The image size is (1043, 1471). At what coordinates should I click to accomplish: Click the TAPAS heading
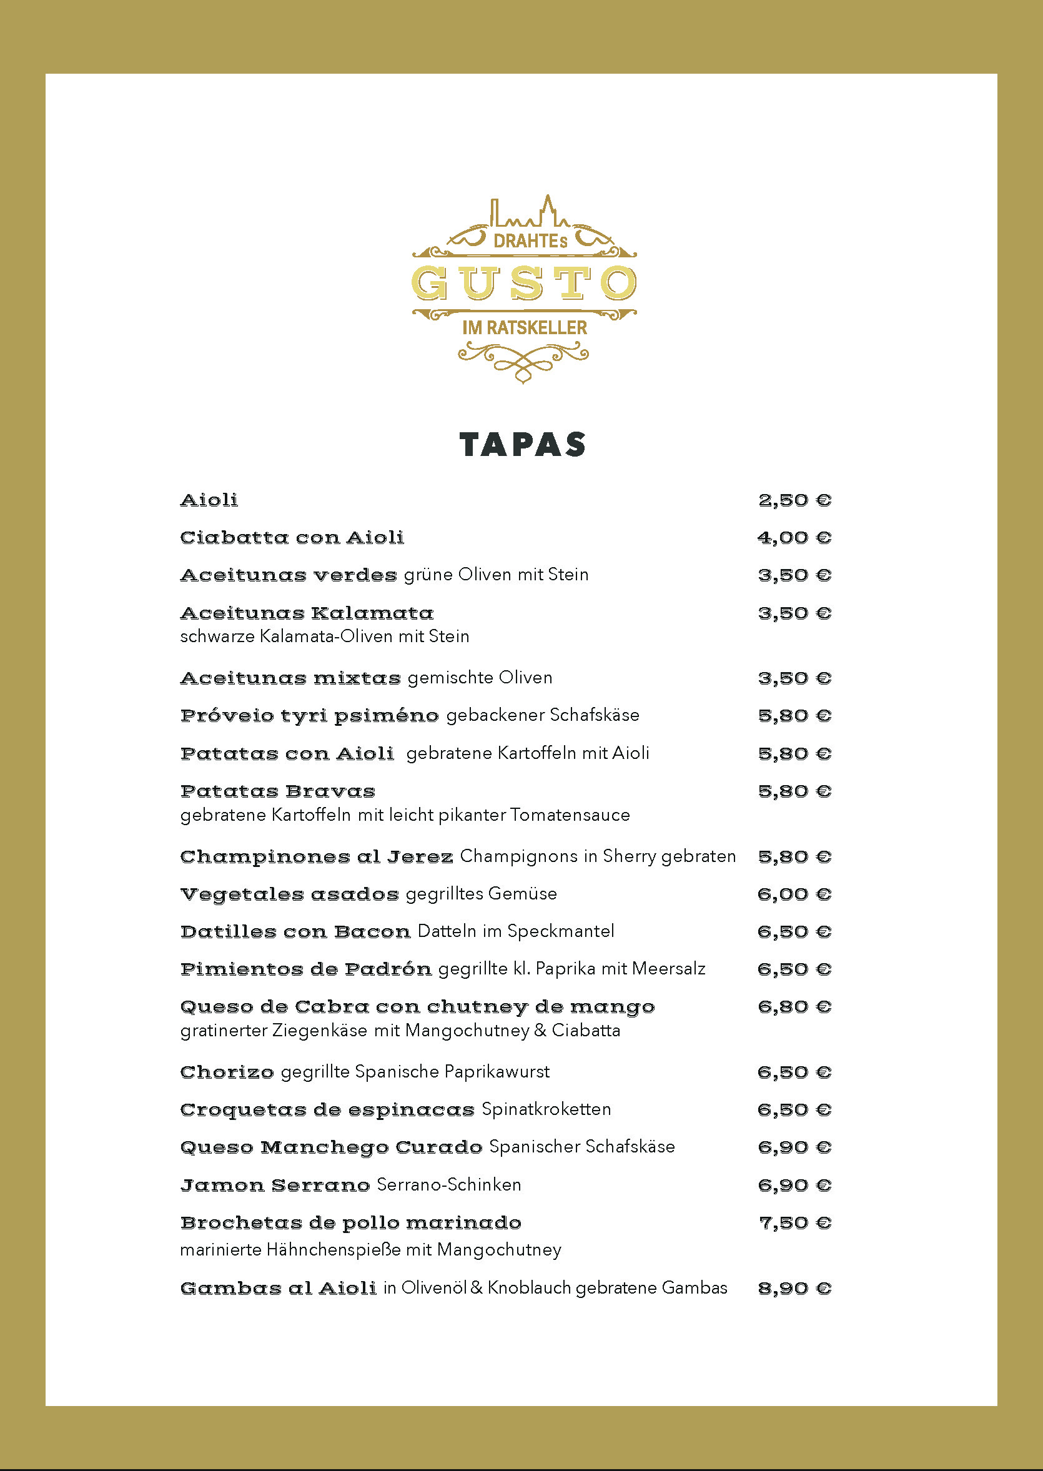tap(522, 445)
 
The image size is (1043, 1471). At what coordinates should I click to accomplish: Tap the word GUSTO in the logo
tap(523, 284)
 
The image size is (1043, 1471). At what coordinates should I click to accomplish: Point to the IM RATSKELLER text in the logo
tap(524, 327)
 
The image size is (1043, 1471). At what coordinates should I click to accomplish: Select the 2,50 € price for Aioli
tap(794, 500)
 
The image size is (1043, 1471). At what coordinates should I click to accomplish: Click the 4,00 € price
tap(794, 538)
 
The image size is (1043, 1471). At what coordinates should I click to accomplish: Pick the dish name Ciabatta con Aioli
tap(292, 538)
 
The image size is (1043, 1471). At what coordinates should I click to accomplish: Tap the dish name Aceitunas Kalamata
tap(307, 613)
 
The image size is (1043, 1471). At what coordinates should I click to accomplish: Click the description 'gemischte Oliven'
tap(480, 678)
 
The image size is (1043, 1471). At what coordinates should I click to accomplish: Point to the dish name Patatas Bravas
tap(277, 791)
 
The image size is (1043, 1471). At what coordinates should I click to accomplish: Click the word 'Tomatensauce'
tap(570, 815)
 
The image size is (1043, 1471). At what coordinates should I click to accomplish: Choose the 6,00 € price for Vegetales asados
tap(794, 894)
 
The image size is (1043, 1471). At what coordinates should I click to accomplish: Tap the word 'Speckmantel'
tap(561, 931)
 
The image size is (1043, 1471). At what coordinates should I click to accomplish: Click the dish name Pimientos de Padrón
tap(305, 969)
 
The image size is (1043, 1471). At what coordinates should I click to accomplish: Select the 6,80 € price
tap(794, 1006)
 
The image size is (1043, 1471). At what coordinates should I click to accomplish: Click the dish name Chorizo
tap(227, 1072)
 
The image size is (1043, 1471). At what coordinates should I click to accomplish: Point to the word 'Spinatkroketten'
tap(546, 1109)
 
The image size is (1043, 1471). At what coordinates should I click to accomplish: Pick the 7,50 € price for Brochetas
tap(794, 1223)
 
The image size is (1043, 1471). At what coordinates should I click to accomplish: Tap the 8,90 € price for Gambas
tap(794, 1289)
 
